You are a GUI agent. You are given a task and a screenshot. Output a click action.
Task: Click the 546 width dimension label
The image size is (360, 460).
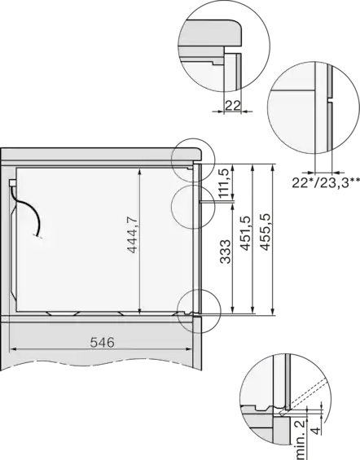102,343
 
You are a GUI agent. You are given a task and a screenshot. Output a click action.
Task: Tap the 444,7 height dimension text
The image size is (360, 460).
132,234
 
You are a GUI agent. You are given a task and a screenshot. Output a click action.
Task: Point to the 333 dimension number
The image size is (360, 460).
225,252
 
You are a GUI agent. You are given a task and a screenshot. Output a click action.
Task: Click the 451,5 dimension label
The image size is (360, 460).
245,234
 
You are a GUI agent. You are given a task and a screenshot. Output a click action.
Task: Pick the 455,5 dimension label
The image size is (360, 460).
266,232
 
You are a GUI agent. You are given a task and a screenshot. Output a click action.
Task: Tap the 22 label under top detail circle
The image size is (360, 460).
233,105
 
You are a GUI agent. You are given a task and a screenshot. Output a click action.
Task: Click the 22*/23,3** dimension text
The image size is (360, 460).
326,182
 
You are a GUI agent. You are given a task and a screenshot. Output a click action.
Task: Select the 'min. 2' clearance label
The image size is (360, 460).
300,439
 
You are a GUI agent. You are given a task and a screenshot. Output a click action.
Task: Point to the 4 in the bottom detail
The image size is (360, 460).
316,431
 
